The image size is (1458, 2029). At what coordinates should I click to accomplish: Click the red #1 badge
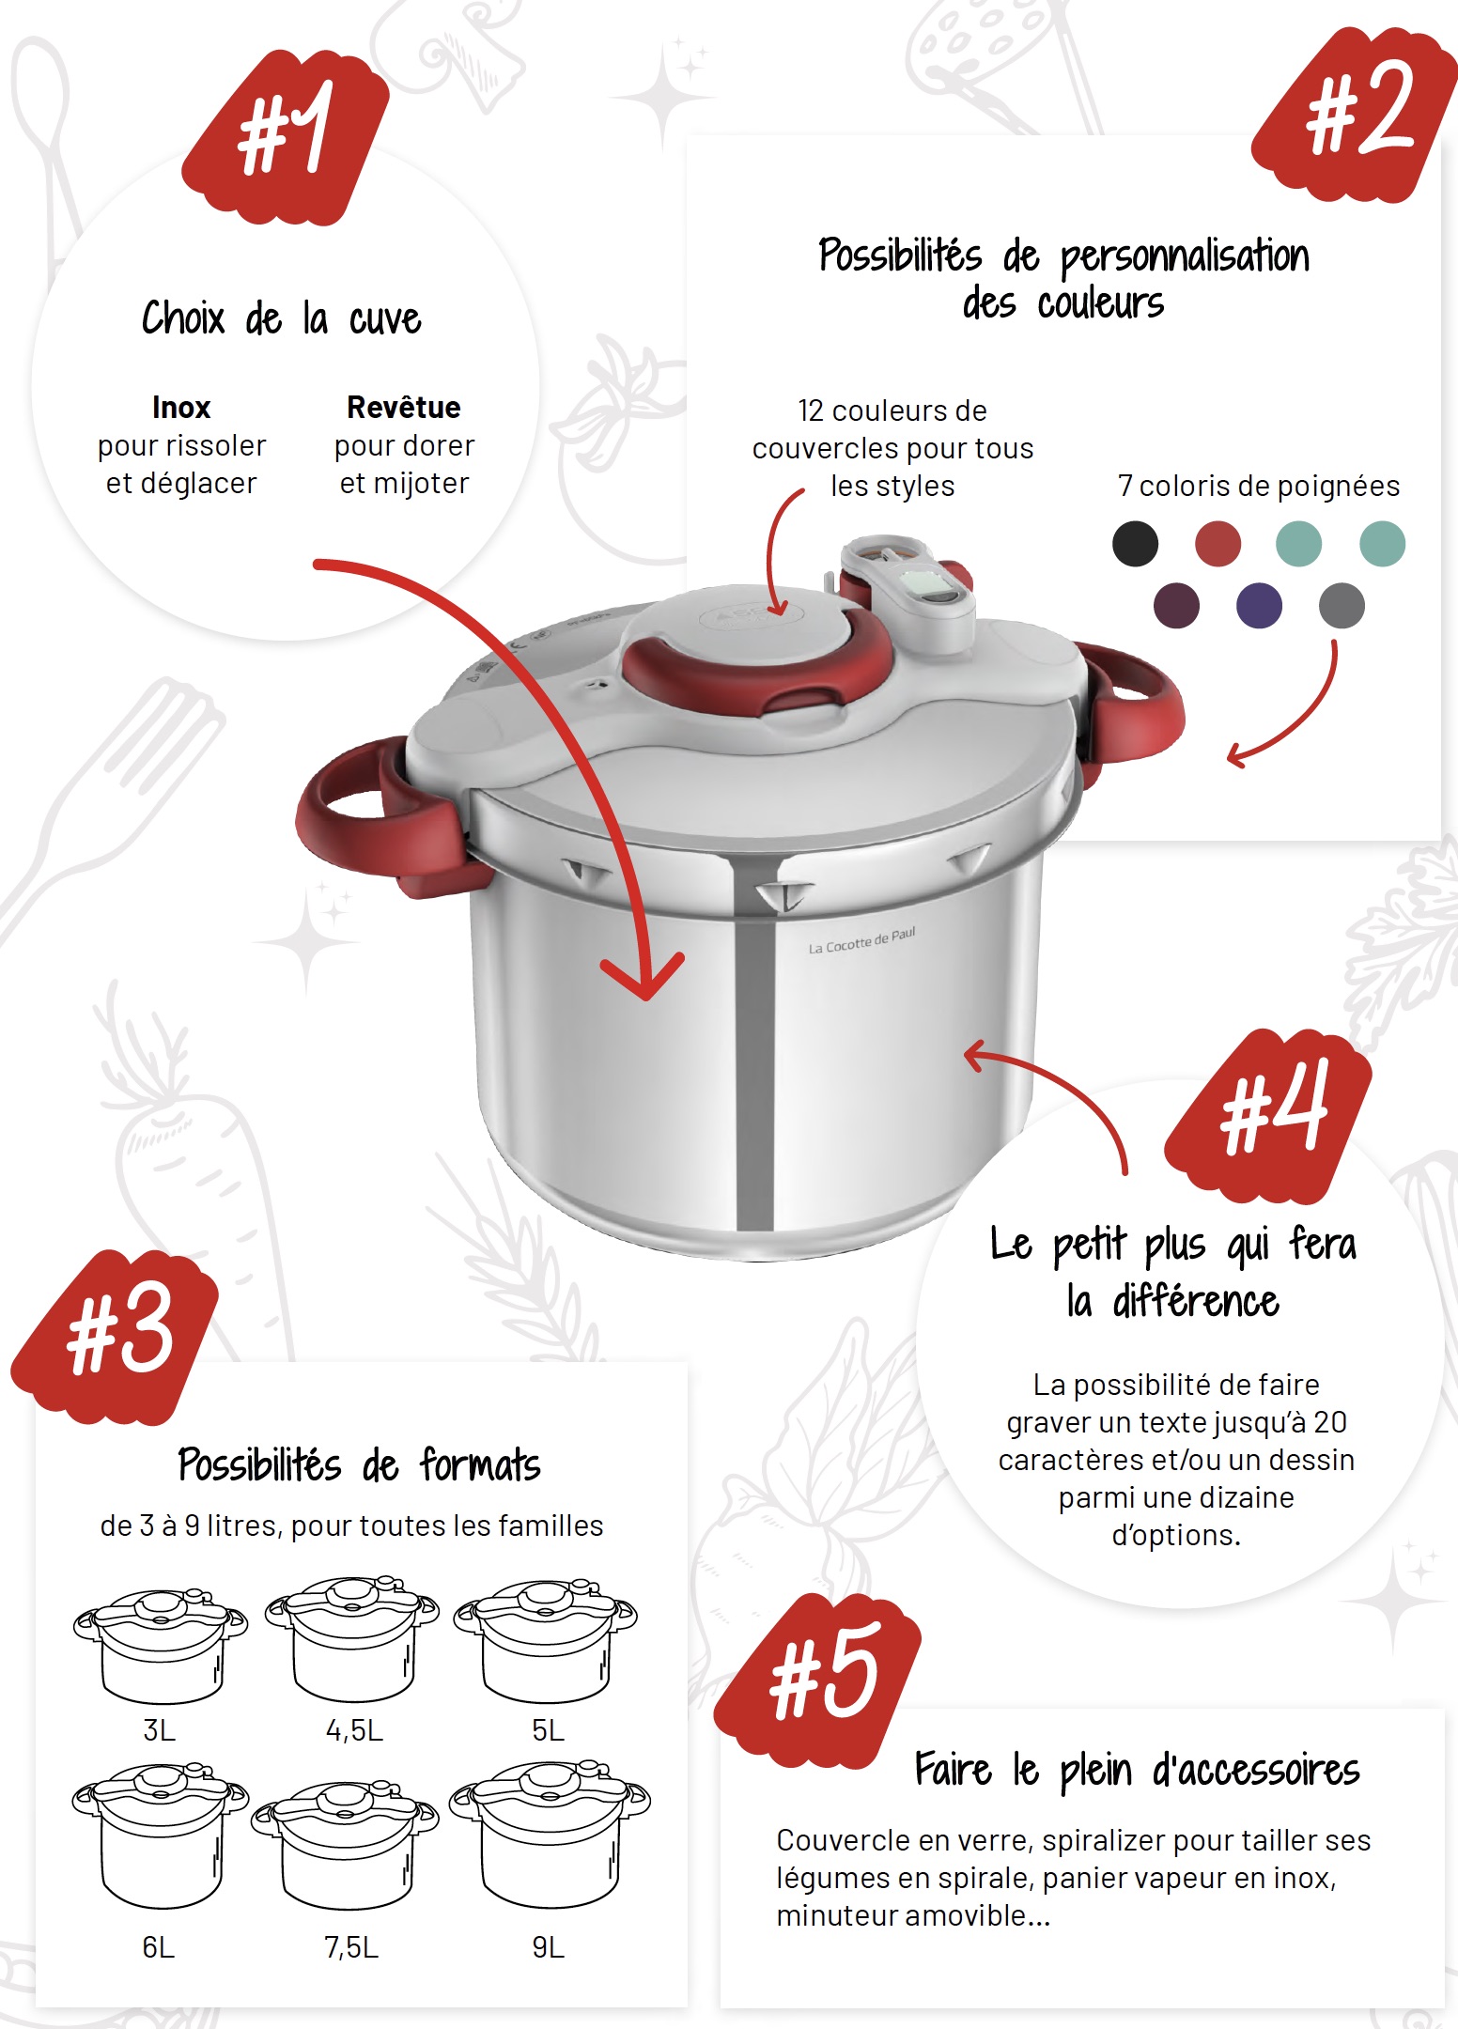click(x=286, y=137)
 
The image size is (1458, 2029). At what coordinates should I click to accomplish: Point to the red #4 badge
click(x=1268, y=1116)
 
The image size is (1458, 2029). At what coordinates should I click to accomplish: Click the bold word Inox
click(x=181, y=408)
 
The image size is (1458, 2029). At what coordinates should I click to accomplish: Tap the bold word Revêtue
click(x=404, y=408)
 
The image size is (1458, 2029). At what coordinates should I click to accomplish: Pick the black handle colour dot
click(x=1135, y=544)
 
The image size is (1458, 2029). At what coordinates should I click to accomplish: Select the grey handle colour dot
click(x=1342, y=605)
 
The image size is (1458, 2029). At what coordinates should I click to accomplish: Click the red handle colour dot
click(x=1218, y=544)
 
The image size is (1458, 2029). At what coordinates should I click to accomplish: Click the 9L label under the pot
click(x=549, y=1947)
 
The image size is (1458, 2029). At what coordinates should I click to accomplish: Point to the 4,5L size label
click(x=354, y=1730)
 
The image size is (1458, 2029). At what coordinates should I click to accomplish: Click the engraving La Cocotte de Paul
click(x=861, y=940)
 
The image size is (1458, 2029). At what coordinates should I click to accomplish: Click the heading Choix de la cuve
click(x=282, y=318)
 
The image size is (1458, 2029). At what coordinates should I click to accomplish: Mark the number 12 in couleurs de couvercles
click(x=811, y=410)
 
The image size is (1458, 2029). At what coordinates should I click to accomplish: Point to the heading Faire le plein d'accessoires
click(x=1138, y=1771)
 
